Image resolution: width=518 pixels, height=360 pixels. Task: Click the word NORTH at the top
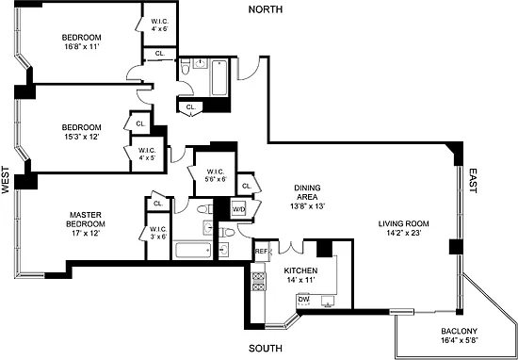pos(266,9)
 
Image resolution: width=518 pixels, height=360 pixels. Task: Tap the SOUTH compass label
pos(266,348)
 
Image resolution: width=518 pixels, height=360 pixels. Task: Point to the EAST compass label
pos(473,181)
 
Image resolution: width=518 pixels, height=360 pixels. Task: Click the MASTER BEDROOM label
pos(86,220)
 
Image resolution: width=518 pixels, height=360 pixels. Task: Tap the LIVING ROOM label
pos(404,223)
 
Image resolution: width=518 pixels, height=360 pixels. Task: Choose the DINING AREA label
pos(307,192)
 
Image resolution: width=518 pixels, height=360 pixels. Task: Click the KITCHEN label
pos(300,270)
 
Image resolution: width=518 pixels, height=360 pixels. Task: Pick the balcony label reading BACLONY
pos(460,331)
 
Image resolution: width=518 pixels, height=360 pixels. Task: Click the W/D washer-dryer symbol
pos(238,208)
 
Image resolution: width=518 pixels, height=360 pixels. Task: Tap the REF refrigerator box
pos(261,252)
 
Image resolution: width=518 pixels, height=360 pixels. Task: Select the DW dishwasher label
pos(303,300)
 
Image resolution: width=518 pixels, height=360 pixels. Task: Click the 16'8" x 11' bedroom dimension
pos(82,46)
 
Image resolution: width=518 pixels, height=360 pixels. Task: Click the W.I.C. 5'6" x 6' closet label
pos(216,175)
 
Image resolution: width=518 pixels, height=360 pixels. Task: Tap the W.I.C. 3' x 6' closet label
pos(158,233)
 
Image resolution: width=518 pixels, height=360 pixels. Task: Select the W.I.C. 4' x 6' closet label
pos(160,25)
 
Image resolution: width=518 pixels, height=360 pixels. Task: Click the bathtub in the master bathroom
pos(193,250)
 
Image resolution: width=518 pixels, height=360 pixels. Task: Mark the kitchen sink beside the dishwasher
pos(329,301)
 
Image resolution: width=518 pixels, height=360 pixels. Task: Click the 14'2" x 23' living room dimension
pos(404,233)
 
